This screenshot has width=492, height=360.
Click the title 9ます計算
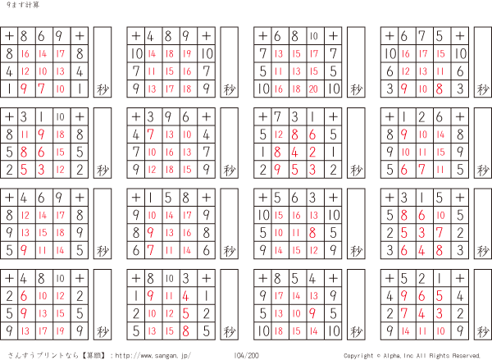pos(23,5)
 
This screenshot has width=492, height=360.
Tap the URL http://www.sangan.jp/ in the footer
pos(153,356)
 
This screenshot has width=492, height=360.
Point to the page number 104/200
pos(246,356)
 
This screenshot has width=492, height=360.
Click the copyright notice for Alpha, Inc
pos(412,356)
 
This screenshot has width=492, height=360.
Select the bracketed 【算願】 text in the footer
pos(93,356)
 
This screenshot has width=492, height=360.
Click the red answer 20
pos(313,89)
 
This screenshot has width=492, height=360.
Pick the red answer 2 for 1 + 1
pos(312,153)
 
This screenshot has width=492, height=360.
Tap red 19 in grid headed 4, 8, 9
pos(187,53)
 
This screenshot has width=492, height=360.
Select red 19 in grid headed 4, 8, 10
pos(60,330)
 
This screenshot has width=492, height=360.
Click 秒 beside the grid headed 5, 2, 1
pos(483,331)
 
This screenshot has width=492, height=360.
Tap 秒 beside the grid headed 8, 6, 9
pos(102,89)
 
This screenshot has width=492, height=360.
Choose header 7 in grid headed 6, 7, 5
pos(421,36)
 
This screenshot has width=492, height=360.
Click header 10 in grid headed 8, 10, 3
pos(169,278)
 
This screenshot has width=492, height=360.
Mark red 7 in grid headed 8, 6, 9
pos(41,89)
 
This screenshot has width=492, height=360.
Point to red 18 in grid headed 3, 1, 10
pos(60,134)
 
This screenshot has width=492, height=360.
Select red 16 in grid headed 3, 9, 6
pos(170,153)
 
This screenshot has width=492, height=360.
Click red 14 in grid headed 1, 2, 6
pos(440,134)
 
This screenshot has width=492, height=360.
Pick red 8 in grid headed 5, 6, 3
pos(312,233)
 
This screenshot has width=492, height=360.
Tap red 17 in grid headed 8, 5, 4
pos(279,296)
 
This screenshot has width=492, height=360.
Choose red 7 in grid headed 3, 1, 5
pos(439,233)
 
